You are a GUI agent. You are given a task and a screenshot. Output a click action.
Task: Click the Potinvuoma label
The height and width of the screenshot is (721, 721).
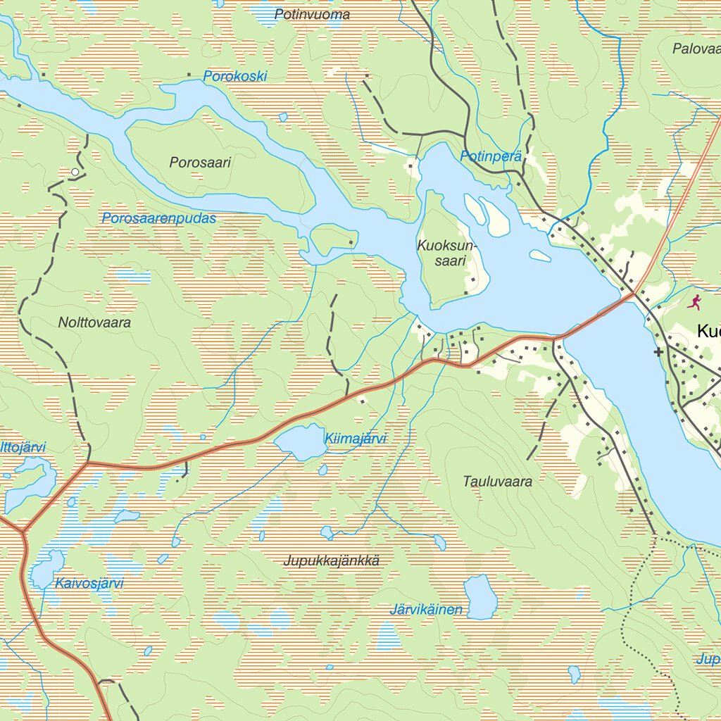(x=312, y=14)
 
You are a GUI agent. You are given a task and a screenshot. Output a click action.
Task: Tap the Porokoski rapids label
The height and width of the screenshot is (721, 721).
(x=235, y=76)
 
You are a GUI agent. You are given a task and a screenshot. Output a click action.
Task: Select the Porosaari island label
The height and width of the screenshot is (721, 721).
(x=200, y=162)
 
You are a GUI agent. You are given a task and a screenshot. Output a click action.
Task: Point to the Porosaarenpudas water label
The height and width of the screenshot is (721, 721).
(x=158, y=218)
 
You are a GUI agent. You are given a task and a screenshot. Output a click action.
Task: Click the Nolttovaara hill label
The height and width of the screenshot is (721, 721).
(x=94, y=322)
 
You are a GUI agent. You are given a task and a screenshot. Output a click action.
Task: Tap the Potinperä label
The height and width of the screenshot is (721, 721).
(x=491, y=156)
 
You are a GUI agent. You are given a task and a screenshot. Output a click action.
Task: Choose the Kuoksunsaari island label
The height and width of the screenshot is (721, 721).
(x=447, y=253)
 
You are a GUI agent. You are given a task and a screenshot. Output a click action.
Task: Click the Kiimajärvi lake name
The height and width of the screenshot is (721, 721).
(x=356, y=439)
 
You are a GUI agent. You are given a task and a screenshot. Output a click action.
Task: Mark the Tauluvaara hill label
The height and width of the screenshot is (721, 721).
(x=497, y=482)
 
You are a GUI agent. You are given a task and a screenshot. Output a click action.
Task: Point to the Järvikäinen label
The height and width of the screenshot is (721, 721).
(x=426, y=610)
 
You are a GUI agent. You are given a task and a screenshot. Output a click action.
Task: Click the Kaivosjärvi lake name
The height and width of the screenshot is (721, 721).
(x=89, y=583)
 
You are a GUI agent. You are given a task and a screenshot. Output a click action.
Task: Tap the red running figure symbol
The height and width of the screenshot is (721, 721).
(x=694, y=302)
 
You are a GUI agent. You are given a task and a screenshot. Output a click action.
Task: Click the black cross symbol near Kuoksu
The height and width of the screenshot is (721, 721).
(x=658, y=351)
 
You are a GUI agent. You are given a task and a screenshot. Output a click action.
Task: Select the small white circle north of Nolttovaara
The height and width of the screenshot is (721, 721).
(x=75, y=172)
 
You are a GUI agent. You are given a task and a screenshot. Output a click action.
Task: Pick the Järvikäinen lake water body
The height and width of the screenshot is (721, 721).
(x=480, y=597)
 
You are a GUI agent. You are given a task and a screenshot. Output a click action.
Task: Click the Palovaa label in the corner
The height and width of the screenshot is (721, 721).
(x=696, y=49)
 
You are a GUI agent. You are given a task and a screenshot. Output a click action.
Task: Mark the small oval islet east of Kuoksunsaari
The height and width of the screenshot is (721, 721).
(x=540, y=256)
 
